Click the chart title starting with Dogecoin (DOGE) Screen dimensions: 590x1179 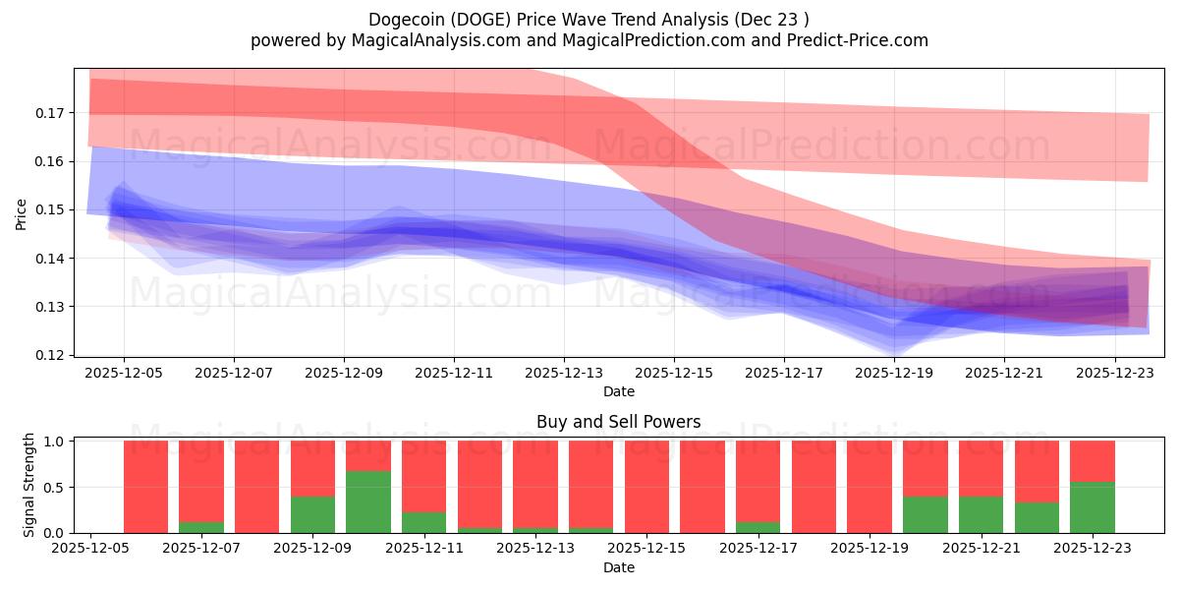point(589,20)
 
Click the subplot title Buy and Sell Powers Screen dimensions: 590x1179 point(618,422)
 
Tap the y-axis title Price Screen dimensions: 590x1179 point(22,213)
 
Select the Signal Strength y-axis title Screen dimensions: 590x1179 point(29,485)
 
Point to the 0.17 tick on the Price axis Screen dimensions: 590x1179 point(49,113)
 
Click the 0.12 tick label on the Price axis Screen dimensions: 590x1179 point(49,355)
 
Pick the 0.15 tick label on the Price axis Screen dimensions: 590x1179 point(49,209)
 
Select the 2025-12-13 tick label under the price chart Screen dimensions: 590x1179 point(564,374)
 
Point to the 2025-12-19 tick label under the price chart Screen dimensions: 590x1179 point(894,374)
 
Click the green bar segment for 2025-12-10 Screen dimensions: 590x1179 point(368,501)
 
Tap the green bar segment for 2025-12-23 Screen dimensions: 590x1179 point(1092,507)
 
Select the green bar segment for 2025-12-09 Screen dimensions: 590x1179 point(312,514)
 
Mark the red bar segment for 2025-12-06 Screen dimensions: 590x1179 point(145,487)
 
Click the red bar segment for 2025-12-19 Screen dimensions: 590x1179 point(870,487)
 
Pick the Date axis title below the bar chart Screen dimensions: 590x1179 point(618,567)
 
